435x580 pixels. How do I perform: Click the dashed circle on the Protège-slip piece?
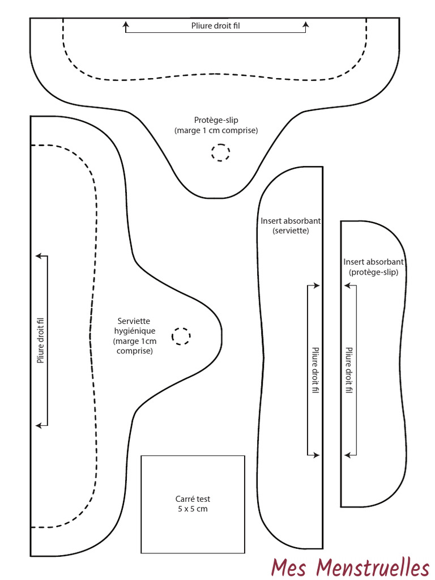pos(221,152)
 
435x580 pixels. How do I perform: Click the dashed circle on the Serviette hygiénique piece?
pos(181,336)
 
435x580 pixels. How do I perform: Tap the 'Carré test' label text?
pos(193,499)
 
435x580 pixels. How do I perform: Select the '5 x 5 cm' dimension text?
pos(193,509)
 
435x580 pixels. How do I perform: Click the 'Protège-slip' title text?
pos(216,120)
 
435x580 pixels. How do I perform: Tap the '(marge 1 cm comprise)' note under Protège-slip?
pos(216,130)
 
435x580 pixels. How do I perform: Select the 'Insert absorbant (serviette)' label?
pos(291,225)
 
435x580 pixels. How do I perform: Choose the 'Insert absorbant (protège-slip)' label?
pos(373,267)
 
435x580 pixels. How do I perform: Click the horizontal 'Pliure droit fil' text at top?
pos(216,25)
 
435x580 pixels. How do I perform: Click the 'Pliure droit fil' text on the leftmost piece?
pos(41,340)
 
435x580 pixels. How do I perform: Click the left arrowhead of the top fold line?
pos(126,24)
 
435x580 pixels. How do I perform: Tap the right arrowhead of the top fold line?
pos(306,24)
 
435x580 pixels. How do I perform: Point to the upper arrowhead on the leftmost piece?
pos(39,256)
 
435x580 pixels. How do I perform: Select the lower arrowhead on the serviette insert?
pos(318,454)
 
